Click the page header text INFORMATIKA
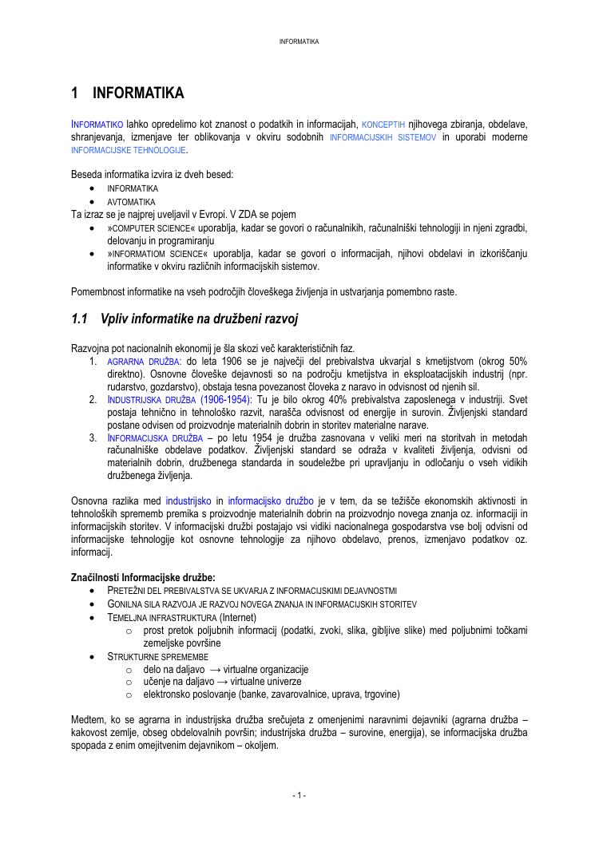pos(299,41)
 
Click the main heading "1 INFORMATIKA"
pos(128,93)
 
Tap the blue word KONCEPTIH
pos(383,125)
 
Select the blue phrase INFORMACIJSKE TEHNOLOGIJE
pos(129,150)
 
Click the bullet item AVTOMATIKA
pos(132,202)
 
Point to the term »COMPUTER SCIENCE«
pos(140,227)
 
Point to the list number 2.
pos(93,398)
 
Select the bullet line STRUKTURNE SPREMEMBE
pos(152,656)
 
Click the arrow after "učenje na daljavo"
pos(216,683)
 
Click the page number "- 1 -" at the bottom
pos(299,795)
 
